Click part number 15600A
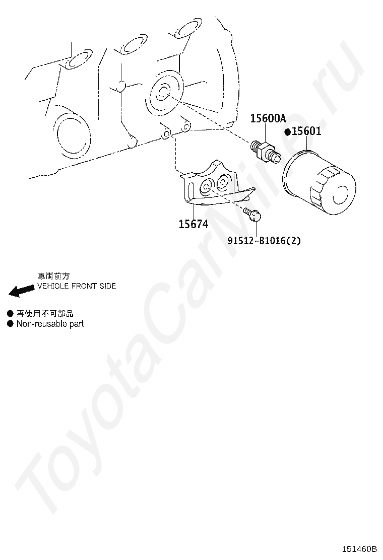[268, 119]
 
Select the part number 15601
[306, 131]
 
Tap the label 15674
[193, 224]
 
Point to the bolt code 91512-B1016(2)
[264, 241]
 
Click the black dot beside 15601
[287, 132]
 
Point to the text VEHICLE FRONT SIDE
[77, 286]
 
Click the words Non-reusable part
[50, 324]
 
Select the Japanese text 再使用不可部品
[45, 314]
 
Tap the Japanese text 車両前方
[53, 276]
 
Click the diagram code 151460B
[360, 548]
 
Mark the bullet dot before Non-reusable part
[10, 324]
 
